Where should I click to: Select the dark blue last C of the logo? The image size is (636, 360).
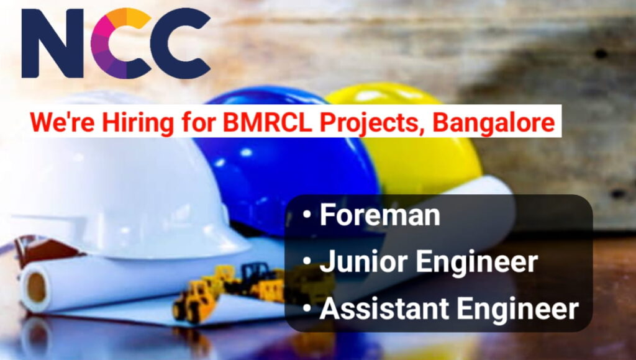pos(181,43)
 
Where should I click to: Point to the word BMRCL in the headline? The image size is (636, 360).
pos(265,122)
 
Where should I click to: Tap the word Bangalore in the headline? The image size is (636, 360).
pos(493,122)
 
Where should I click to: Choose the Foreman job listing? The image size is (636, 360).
pos(379,215)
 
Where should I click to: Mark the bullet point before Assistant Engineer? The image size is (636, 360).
pos(307,308)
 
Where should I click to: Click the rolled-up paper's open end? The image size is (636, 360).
pos(36,286)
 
